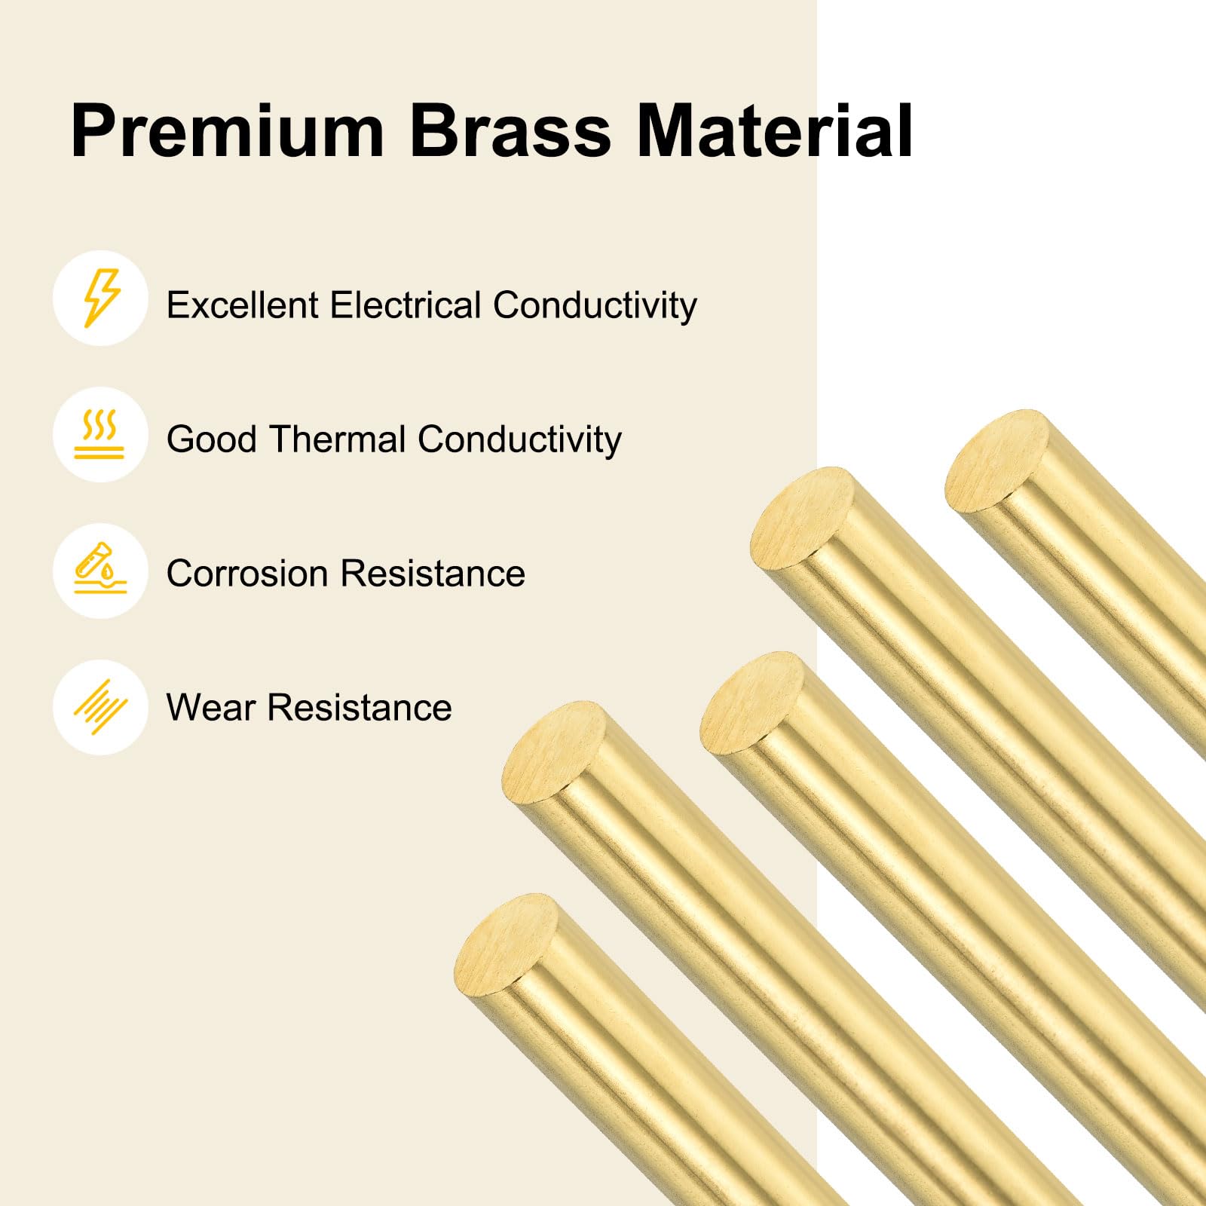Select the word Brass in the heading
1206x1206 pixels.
pos(510,132)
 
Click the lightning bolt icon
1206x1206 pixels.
pos(100,298)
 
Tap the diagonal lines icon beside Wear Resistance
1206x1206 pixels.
pos(100,707)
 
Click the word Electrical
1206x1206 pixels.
pos(406,305)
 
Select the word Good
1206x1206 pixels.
pos(212,439)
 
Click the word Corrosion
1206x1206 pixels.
pos(247,574)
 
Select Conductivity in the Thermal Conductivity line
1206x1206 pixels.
pos(519,439)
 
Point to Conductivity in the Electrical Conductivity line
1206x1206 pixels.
pos(595,305)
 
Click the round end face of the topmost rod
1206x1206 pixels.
pos(996,461)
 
